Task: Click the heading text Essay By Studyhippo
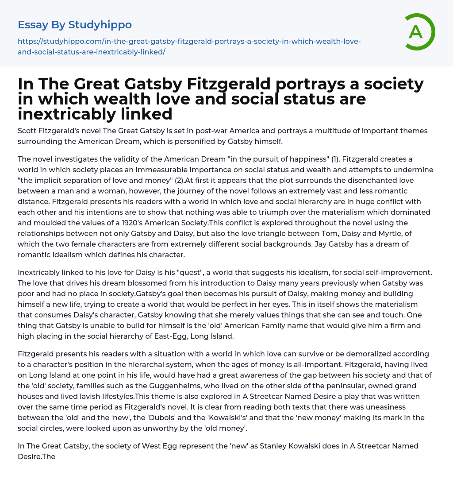click(75, 25)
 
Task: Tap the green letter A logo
click(416, 32)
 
